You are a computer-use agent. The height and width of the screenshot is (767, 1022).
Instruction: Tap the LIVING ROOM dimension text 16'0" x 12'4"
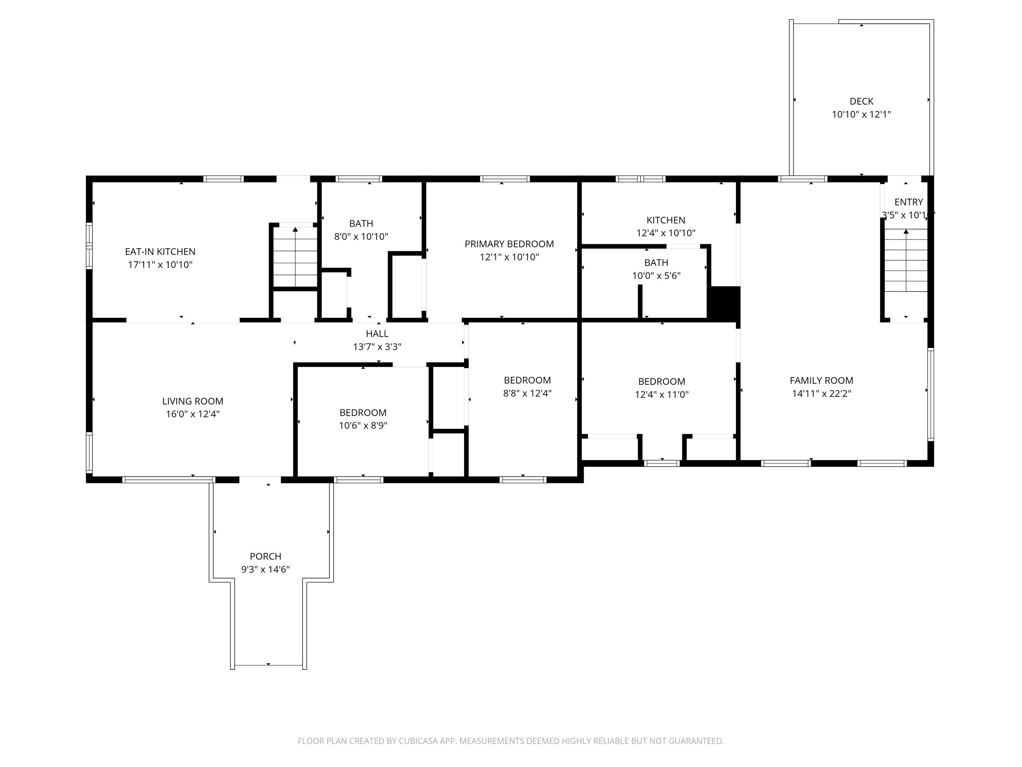coord(193,414)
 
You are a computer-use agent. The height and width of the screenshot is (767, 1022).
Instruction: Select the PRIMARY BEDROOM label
coord(509,244)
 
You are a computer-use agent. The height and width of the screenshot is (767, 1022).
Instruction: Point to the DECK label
coord(861,101)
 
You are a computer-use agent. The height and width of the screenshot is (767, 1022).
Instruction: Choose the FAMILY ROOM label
coord(821,380)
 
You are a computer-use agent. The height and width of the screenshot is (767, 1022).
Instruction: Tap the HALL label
coord(377,333)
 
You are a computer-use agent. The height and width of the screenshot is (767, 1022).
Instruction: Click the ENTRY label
coord(908,202)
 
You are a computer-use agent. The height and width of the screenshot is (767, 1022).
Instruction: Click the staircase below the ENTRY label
coord(905,260)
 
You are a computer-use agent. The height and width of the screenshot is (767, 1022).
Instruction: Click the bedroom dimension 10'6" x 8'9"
coord(363,425)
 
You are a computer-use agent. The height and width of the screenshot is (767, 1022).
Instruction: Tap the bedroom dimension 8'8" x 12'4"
coord(527,393)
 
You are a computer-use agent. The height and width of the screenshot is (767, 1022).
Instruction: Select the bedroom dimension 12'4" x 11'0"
coord(662,394)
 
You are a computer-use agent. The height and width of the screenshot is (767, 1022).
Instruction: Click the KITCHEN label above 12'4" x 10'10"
coord(665,220)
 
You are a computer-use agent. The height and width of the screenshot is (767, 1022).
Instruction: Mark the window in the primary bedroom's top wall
coord(505,179)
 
